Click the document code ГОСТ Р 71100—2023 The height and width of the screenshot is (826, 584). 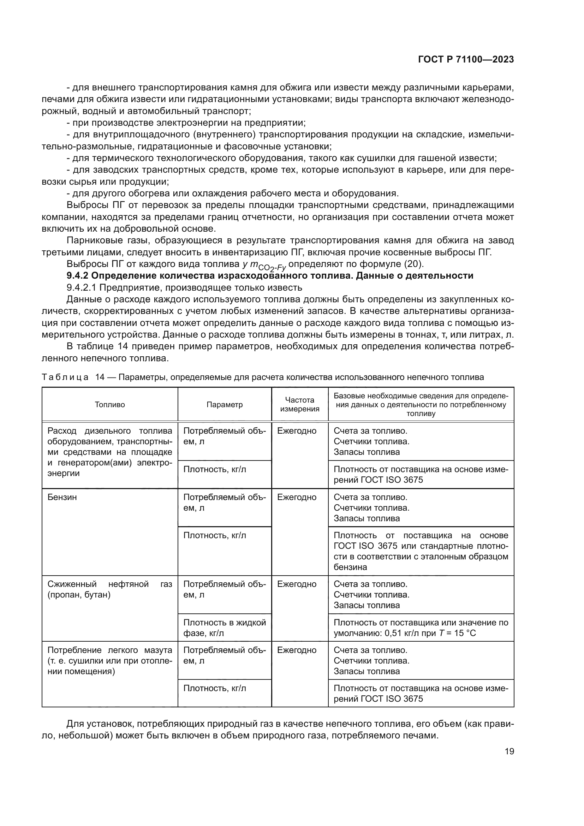[466, 60]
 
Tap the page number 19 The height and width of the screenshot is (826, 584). [509, 751]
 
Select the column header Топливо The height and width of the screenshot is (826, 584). [110, 405]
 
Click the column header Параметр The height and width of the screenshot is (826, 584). [225, 405]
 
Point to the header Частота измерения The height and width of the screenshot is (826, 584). [299, 404]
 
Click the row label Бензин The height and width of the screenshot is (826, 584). [62, 498]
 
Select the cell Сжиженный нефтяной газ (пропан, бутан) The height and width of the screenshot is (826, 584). [110, 589]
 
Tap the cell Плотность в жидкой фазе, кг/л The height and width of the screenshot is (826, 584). [225, 628]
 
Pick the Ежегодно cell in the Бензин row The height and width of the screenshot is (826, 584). [297, 498]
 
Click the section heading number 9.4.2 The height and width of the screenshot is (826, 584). [78, 276]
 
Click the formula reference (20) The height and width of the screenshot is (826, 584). [413, 264]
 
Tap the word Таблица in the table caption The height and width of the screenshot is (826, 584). [65, 378]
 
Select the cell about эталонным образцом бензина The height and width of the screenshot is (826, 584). [421, 552]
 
